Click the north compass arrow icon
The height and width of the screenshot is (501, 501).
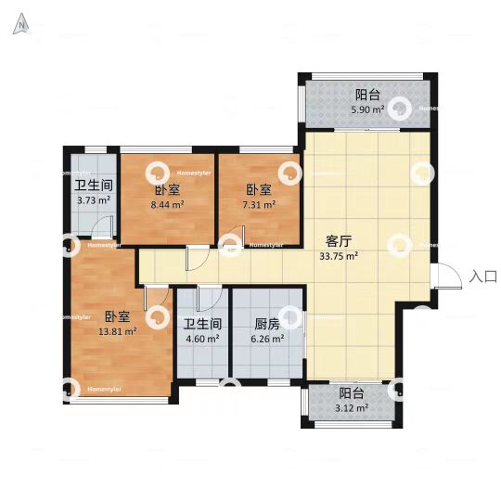point(19,26)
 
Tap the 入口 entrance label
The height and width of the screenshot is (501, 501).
point(484,276)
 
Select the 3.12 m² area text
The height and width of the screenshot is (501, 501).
point(353,407)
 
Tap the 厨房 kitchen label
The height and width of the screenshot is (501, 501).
point(267,325)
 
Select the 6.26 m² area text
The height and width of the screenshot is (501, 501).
point(267,340)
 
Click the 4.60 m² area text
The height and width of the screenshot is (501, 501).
point(201,340)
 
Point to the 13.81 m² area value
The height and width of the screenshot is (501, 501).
point(119,330)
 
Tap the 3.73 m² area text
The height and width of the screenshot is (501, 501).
point(93,199)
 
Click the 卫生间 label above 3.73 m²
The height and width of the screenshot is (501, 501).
point(93,184)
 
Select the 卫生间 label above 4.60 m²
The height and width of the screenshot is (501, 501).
point(201,325)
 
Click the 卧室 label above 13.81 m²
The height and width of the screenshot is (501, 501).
point(117,315)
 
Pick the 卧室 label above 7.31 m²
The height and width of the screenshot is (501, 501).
point(259,190)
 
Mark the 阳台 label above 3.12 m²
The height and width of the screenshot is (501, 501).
point(351,392)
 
